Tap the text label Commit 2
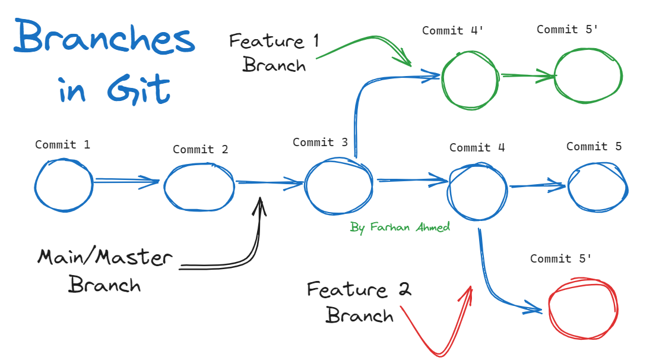click(200, 150)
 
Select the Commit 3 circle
click(338, 187)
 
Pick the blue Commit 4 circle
click(478, 187)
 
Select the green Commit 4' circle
click(470, 79)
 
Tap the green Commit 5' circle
click(588, 75)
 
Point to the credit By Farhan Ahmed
click(400, 227)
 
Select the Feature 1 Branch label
click(274, 53)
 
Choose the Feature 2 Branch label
click(359, 302)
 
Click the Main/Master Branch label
click(105, 271)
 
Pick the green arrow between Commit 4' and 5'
click(527, 75)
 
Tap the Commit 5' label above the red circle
click(561, 259)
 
